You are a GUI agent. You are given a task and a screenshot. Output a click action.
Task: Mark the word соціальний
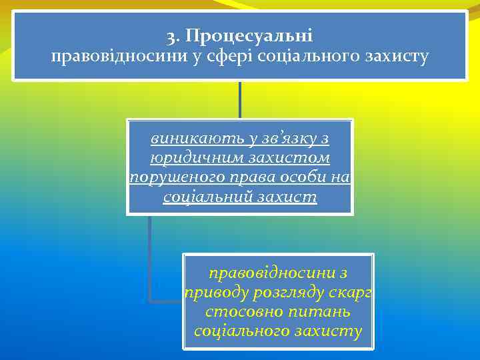199,197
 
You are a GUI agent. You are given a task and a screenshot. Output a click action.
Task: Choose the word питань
323,311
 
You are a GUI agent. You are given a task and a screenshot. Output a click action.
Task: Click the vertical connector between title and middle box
240,100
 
